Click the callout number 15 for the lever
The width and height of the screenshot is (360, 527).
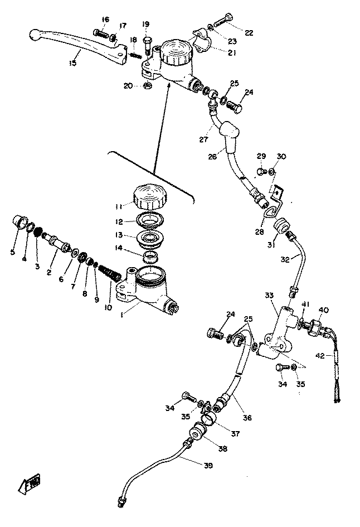coord(72,63)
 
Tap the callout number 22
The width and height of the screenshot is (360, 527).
coord(248,33)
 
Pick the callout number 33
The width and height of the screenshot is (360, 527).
coord(269,295)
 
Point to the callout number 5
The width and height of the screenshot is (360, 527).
coord(12,252)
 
